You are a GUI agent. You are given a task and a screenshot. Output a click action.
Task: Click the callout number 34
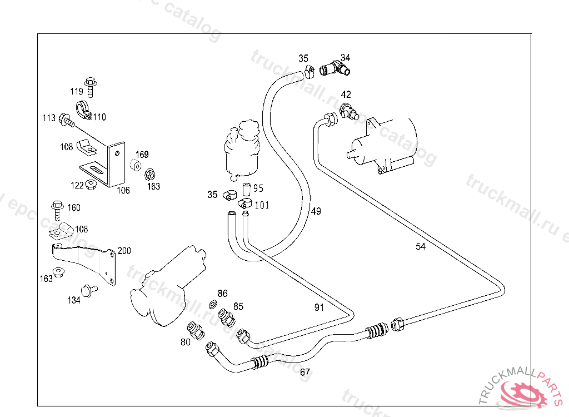tap(346, 58)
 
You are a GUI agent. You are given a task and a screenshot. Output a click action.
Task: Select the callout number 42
tap(346, 95)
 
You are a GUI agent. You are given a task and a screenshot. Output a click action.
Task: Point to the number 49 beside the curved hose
tap(316, 211)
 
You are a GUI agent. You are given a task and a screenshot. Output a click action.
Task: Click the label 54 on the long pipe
tap(421, 246)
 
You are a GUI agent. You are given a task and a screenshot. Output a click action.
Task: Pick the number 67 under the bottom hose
tap(305, 373)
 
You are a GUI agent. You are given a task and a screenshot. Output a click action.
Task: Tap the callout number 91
tap(319, 307)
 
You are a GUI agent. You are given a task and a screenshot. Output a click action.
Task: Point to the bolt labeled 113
tap(66, 118)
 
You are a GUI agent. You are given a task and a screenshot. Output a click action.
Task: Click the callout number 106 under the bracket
tap(123, 190)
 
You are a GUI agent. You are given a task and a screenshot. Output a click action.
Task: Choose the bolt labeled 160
tap(57, 207)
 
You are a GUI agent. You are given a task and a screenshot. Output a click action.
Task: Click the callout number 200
tap(124, 251)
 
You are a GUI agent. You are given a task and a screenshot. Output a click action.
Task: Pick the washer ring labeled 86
tap(213, 305)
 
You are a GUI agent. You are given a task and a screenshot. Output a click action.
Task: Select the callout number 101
tap(262, 205)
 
